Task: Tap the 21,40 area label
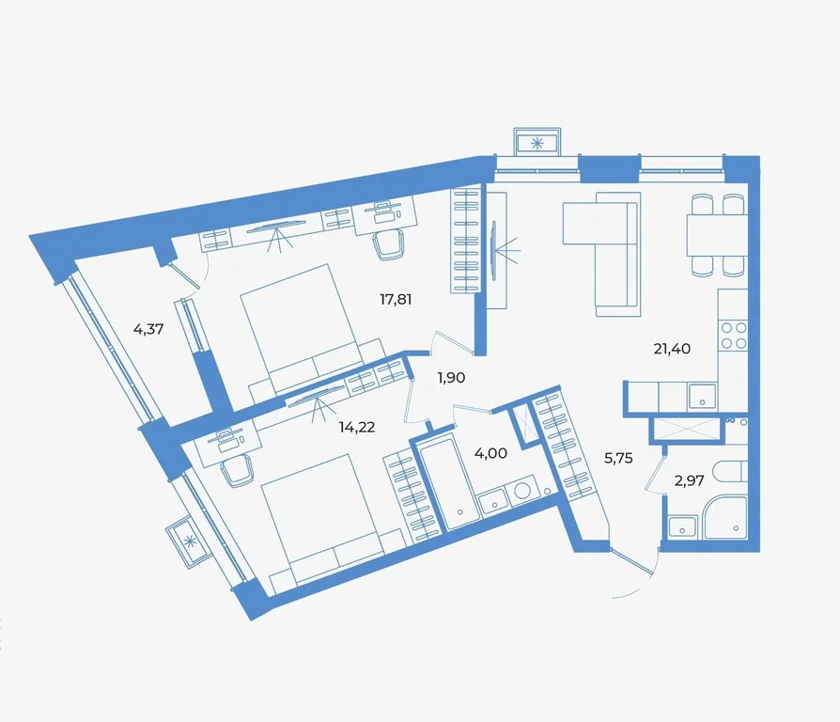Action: pos(672,349)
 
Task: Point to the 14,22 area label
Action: pos(357,425)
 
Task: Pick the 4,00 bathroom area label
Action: pos(490,453)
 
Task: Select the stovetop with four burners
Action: pos(734,335)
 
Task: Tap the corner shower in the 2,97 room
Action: pos(725,518)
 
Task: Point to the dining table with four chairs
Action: pos(717,235)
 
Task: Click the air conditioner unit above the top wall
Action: pos(537,143)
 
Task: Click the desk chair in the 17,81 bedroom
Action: pos(387,243)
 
